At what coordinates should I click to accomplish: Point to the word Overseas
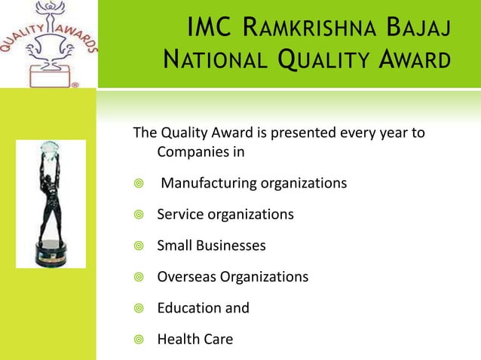point(186,276)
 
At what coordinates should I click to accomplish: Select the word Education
point(188,308)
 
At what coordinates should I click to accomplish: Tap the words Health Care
point(195,339)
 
